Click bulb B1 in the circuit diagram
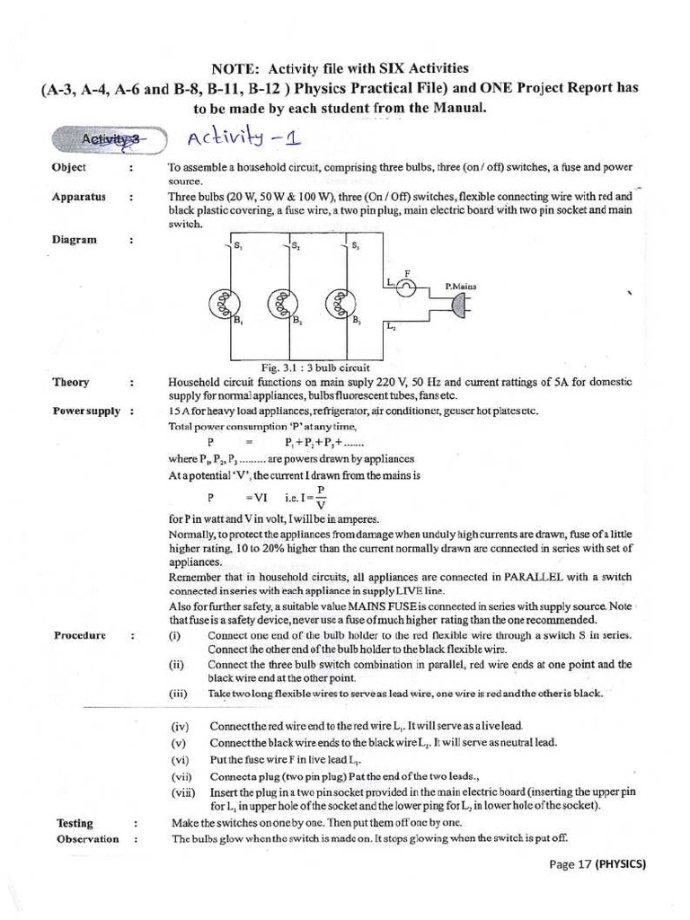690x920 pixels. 223,304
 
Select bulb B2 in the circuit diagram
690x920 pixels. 280,304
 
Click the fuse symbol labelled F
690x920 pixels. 406,286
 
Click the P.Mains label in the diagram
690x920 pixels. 461,287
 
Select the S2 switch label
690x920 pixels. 296,244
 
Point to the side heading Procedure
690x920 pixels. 80,635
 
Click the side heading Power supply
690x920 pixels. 86,411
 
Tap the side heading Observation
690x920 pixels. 87,839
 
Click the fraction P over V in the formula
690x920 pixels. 321,497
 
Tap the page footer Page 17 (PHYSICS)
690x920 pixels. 597,864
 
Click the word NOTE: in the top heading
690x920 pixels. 235,68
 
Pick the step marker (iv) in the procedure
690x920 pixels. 180,726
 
